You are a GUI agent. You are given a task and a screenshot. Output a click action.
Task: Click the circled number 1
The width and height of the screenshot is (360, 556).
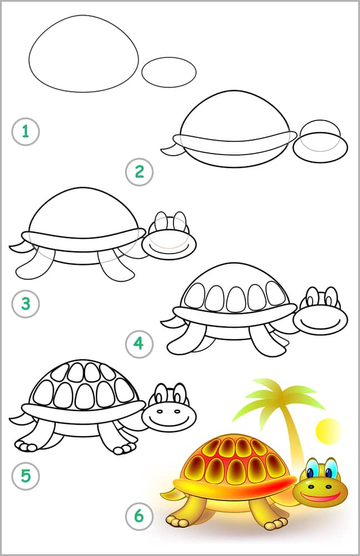coord(24,132)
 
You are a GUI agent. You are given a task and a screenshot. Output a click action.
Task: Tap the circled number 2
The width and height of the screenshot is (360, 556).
coord(139,172)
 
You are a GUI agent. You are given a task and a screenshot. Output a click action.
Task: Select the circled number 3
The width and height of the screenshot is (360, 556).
coord(24,304)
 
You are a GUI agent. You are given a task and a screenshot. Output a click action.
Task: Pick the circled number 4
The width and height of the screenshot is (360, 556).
coord(139,344)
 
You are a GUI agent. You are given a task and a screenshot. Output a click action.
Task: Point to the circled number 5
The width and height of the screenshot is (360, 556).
coord(24,476)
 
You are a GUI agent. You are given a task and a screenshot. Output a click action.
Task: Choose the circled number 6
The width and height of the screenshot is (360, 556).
coord(139,517)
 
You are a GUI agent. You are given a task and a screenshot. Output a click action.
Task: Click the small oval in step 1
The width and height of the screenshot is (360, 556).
coord(169,71)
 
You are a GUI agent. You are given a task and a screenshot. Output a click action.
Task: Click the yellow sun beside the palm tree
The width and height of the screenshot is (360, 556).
coord(327,430)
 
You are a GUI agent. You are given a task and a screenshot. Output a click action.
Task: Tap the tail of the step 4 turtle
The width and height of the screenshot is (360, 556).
coord(169,322)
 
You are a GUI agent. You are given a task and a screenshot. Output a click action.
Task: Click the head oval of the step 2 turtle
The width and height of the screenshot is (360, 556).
coord(320,146)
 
